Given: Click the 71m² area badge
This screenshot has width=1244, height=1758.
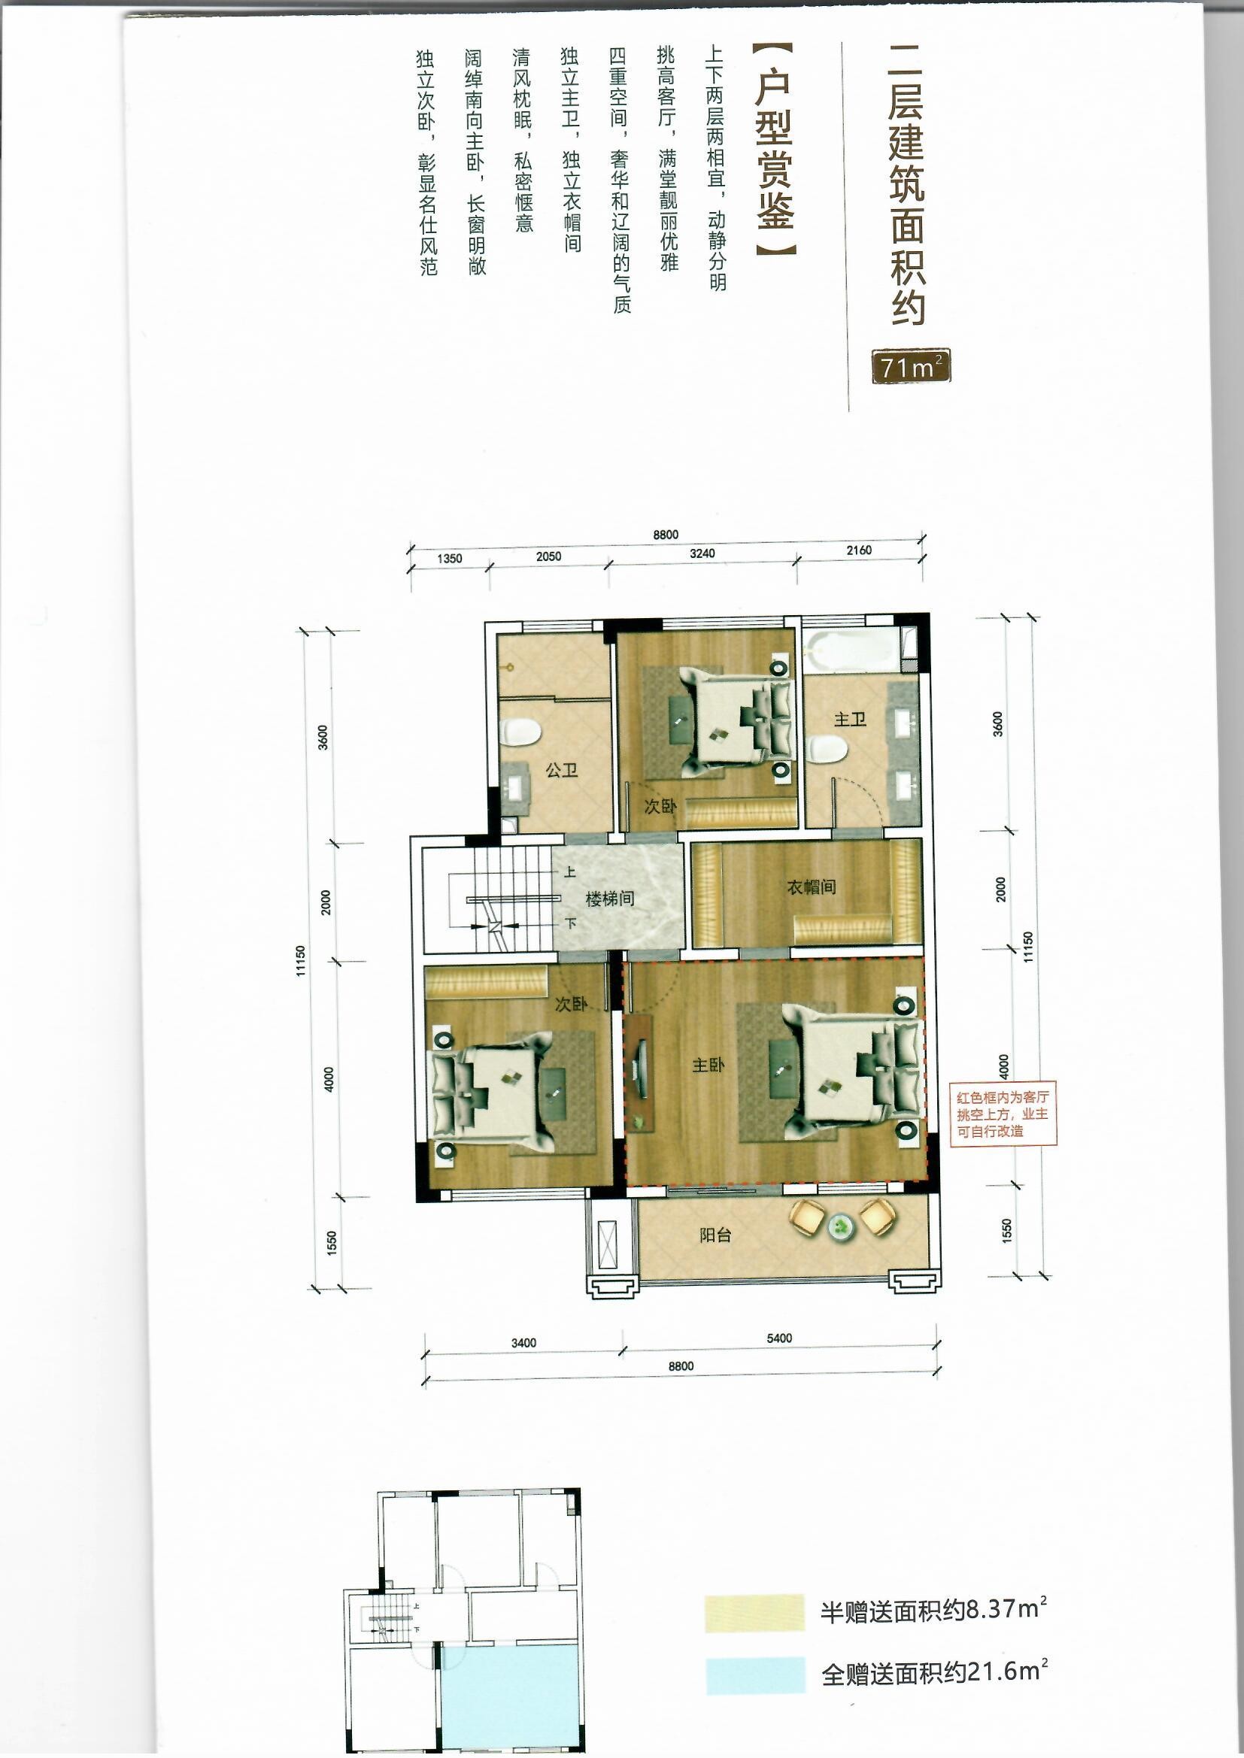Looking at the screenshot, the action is click(x=911, y=367).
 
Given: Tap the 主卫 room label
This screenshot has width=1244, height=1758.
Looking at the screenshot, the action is click(x=849, y=720).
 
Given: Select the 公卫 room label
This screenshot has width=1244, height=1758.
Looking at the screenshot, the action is click(x=562, y=770).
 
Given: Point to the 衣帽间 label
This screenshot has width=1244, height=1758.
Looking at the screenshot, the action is click(x=812, y=887).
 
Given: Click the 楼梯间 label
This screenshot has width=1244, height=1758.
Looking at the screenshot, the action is click(x=610, y=899).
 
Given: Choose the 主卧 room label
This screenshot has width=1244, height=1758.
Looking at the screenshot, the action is click(x=708, y=1065).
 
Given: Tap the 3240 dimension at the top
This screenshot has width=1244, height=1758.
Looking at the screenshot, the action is click(x=702, y=553).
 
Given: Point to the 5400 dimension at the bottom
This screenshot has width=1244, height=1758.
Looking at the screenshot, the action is click(x=779, y=1338).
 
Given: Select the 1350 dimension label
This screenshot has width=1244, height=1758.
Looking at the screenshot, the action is click(x=450, y=559).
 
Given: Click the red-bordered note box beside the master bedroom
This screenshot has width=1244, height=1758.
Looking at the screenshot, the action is click(x=1003, y=1114).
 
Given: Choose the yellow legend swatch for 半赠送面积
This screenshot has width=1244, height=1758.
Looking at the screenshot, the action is click(x=754, y=1614).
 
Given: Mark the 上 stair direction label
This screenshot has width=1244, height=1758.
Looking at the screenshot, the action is click(x=570, y=872).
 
